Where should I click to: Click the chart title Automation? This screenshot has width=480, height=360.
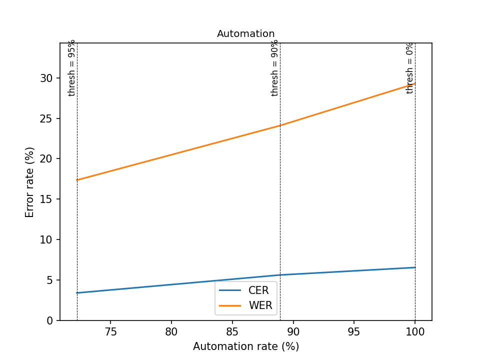click(245, 34)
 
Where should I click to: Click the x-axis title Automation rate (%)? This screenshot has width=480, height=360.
click(246, 346)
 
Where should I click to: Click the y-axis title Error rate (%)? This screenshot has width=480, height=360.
click(30, 182)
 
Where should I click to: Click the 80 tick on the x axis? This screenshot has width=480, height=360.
click(171, 331)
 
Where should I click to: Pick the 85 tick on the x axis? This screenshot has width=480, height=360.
click(232, 331)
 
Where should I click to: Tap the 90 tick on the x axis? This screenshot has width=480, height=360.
click(293, 331)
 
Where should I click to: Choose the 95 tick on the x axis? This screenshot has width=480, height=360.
click(354, 331)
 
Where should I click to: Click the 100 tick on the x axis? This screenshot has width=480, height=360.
click(415, 331)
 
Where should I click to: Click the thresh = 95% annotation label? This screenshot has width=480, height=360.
click(72, 67)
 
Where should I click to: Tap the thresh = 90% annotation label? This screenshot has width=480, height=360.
click(275, 67)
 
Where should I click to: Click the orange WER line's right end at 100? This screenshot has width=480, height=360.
click(415, 83)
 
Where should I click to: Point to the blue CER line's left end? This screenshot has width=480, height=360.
click(77, 293)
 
